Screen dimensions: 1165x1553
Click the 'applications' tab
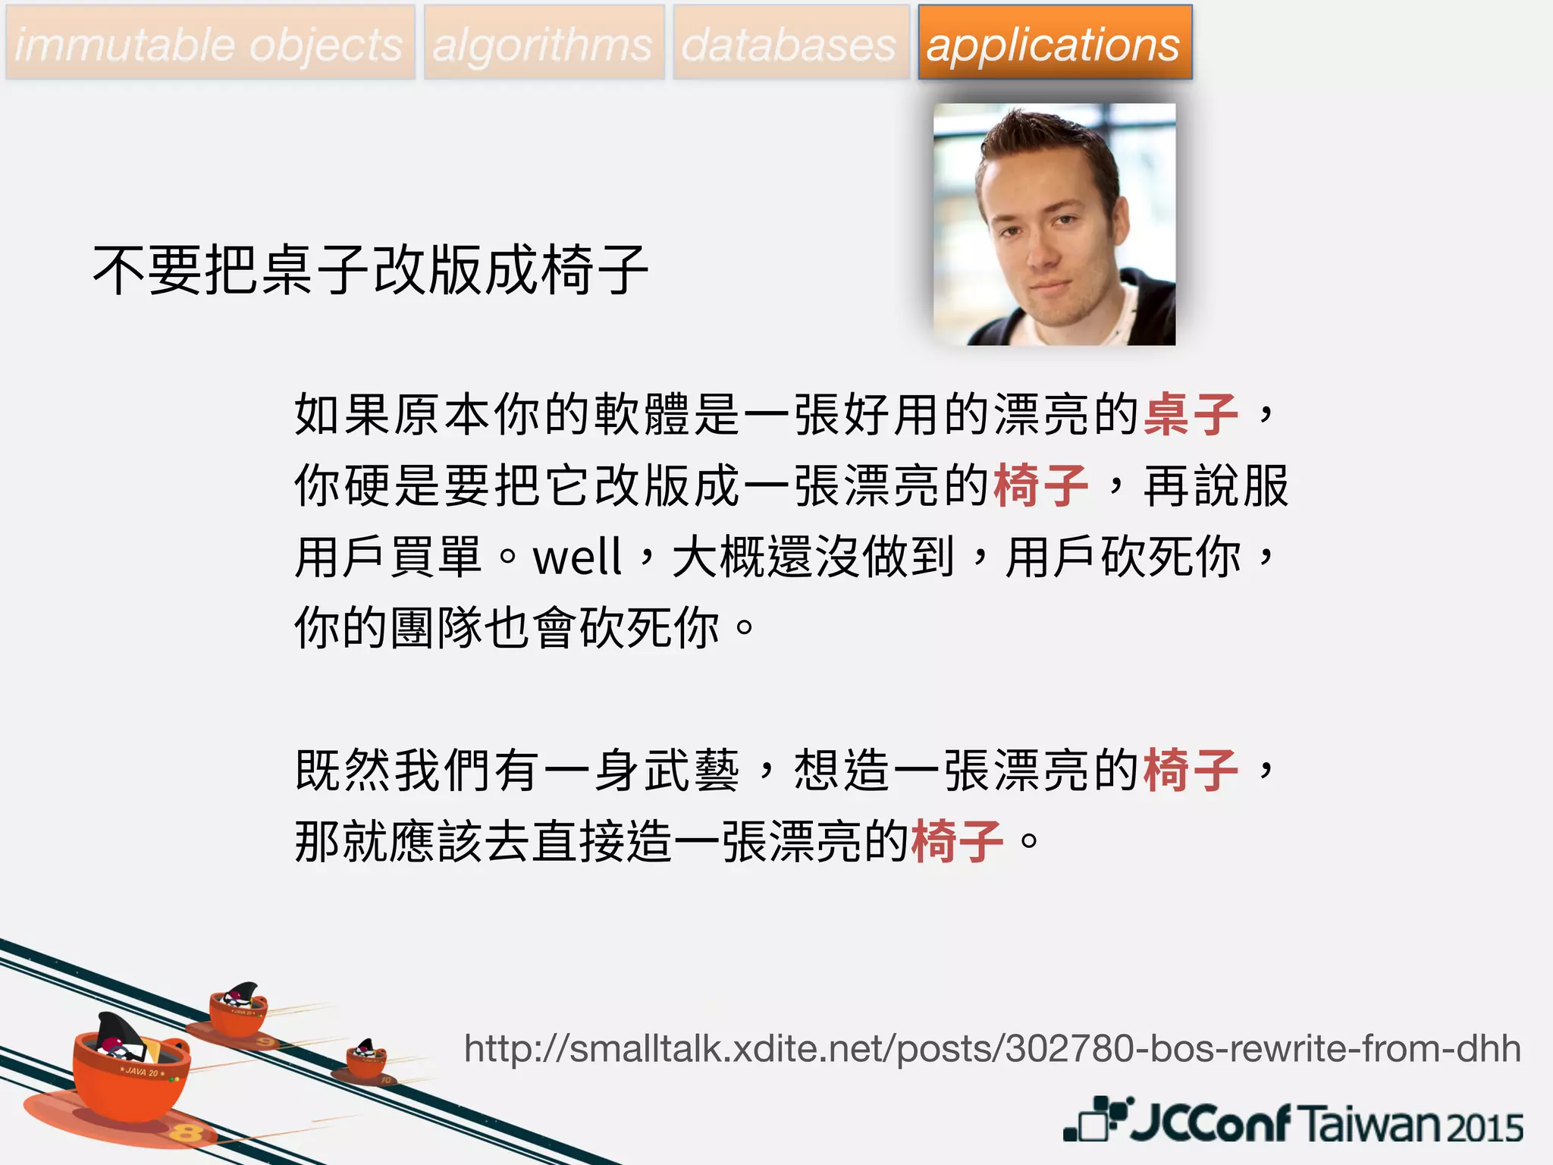1054,43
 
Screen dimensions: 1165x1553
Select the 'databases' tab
790,43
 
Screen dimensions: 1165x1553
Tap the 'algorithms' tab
543,43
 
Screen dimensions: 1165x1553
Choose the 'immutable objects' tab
210,43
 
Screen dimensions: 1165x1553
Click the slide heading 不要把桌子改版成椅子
370,270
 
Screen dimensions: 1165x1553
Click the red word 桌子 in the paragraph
1191,414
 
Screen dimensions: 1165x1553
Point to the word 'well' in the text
578,557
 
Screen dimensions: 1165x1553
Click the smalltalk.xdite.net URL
992,1049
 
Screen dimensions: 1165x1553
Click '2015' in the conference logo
1485,1127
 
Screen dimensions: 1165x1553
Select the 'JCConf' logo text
1209,1122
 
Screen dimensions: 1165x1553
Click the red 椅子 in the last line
958,842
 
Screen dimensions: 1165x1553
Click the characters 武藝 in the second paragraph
691,771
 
